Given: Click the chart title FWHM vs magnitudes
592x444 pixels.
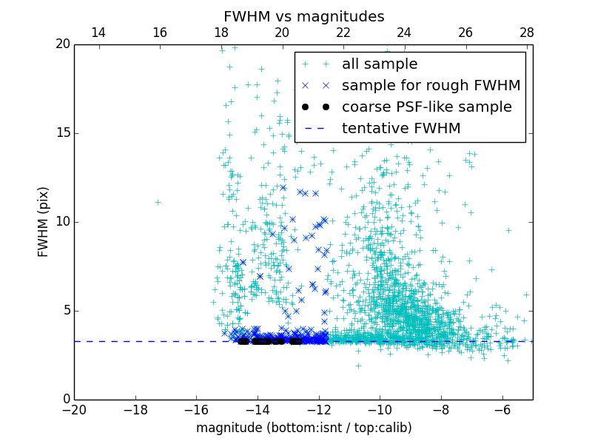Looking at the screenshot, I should (303, 16).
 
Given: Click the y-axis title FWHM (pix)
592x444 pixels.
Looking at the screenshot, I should (44, 222).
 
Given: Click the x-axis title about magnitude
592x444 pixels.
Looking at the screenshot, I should (303, 428).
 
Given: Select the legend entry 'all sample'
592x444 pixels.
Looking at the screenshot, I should (379, 64).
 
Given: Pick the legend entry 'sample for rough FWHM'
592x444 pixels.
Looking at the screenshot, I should (431, 86).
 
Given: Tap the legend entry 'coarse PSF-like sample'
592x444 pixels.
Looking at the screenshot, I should (426, 107).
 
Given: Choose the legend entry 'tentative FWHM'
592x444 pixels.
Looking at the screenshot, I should (401, 129).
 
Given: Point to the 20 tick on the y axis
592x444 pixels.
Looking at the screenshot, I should (62, 44).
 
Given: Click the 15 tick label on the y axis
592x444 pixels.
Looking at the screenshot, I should (62, 133).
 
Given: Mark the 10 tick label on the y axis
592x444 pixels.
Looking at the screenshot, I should (62, 222).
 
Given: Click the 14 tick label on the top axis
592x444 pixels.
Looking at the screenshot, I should (98, 33).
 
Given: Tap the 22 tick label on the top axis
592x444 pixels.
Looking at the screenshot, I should (343, 33).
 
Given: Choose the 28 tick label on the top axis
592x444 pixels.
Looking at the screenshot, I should (526, 33).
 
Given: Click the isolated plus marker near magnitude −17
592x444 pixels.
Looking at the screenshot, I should (158, 201).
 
